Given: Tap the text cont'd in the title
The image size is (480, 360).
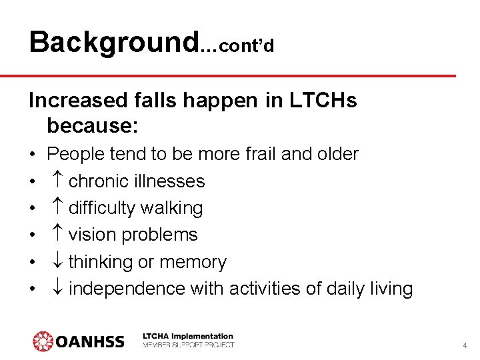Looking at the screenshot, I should [245, 46].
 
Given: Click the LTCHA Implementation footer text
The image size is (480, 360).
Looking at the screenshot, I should [188, 337].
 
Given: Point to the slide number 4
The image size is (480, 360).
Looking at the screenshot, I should [465, 345].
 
